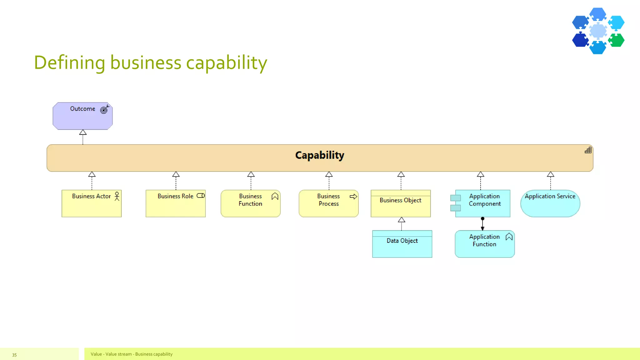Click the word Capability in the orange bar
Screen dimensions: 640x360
[x=319, y=155]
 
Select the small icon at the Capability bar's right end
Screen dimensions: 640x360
[x=588, y=151]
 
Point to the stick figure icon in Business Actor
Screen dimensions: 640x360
[x=117, y=196]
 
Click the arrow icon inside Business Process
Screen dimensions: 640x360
[x=353, y=197]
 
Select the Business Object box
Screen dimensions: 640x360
[x=400, y=205]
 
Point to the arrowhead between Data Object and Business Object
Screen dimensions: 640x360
[x=402, y=220]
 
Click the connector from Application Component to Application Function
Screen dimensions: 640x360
[x=482, y=224]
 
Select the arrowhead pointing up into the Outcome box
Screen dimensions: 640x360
[x=83, y=132]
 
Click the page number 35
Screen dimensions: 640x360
[x=14, y=355]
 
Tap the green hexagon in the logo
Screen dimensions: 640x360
[x=617, y=40]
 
